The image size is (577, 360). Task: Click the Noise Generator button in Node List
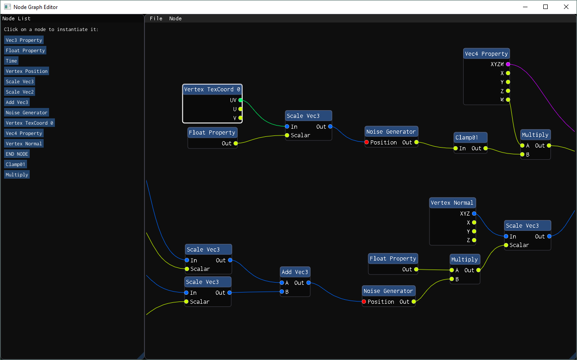(x=27, y=112)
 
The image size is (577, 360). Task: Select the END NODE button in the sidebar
(x=17, y=154)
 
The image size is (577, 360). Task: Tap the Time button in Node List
(x=11, y=61)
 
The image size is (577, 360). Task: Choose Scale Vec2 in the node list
(x=19, y=92)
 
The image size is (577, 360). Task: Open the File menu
(x=156, y=18)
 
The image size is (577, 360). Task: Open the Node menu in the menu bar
(x=176, y=18)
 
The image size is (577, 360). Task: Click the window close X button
(x=566, y=7)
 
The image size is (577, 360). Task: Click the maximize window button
(x=545, y=7)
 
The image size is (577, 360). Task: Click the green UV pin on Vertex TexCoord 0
(x=240, y=100)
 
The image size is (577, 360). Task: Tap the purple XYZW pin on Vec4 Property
(x=508, y=64)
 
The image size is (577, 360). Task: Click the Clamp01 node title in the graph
(x=470, y=138)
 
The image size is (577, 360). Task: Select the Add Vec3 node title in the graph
(x=295, y=272)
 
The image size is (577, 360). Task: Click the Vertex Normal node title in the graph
(x=452, y=203)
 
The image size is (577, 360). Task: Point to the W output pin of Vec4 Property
(x=508, y=99)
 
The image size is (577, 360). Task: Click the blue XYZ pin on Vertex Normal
(x=474, y=214)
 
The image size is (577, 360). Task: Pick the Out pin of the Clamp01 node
(x=486, y=148)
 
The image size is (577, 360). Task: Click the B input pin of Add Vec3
(x=282, y=292)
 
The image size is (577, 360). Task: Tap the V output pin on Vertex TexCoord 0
(x=240, y=118)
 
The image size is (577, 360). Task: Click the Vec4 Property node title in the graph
(x=486, y=54)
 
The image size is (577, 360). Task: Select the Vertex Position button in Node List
(x=27, y=71)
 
